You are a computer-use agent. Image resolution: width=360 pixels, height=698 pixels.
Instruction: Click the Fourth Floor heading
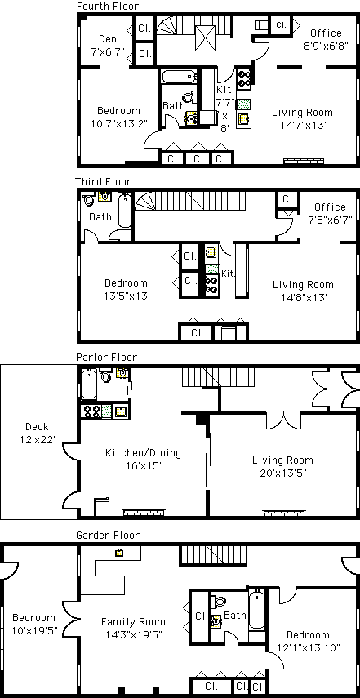point(107,7)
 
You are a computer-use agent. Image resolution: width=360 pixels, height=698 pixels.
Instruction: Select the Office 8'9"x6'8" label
point(327,39)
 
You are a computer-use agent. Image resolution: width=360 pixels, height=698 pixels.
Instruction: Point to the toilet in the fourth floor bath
point(189,96)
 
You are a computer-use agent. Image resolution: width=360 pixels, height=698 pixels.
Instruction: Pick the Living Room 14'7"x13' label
point(302,118)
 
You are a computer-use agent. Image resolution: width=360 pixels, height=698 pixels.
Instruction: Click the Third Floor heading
point(103,181)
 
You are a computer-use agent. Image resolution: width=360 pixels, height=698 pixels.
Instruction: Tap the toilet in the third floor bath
point(89,200)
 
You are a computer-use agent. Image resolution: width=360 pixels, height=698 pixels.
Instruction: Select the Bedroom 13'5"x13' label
point(126,289)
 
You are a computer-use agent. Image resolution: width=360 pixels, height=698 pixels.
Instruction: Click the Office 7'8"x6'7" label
point(330,213)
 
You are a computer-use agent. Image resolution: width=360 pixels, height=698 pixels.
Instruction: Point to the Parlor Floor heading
point(106,357)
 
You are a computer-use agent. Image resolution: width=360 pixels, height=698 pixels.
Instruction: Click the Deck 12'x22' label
point(37,433)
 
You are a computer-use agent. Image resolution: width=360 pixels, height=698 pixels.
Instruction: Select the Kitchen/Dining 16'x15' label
point(144,460)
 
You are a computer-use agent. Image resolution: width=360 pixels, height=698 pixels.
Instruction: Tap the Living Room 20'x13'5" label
point(282,466)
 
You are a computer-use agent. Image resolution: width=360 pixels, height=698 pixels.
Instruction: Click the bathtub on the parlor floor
point(88,385)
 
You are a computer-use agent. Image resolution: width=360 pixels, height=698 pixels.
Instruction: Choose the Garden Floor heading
point(107,535)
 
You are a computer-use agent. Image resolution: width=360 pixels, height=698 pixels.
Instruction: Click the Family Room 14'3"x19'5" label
point(133,628)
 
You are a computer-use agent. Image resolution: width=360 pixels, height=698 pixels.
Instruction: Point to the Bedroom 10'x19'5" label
point(34,624)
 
